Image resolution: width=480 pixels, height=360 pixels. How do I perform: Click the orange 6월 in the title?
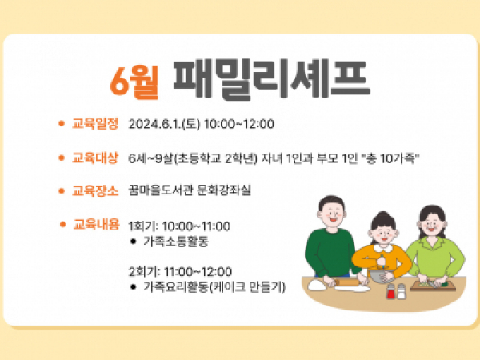[x=134, y=81]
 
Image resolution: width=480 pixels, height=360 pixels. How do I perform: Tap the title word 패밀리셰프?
[x=271, y=79]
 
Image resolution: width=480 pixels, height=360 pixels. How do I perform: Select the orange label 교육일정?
[x=95, y=124]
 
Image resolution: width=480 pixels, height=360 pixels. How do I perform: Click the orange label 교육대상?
[x=95, y=158]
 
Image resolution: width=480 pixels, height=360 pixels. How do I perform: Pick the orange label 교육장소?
[x=95, y=190]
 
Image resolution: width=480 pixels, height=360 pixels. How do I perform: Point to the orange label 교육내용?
[x=96, y=224]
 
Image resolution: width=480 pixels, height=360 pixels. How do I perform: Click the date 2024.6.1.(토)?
[x=164, y=124]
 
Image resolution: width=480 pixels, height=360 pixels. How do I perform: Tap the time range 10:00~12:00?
[x=238, y=124]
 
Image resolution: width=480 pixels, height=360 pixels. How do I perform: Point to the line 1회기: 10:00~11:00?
[x=179, y=226]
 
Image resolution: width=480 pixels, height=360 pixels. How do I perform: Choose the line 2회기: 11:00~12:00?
[x=180, y=272]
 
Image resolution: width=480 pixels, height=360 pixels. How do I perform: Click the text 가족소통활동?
[x=176, y=242]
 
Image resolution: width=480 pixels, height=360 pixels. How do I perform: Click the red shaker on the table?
[x=390, y=292]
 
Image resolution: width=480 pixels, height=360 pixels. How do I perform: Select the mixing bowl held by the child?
[x=379, y=276]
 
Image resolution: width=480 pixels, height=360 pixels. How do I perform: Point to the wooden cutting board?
[x=433, y=287]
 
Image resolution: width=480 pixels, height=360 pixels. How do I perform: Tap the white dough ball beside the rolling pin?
[x=317, y=286]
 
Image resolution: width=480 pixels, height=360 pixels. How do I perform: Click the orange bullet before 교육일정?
[x=62, y=123]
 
